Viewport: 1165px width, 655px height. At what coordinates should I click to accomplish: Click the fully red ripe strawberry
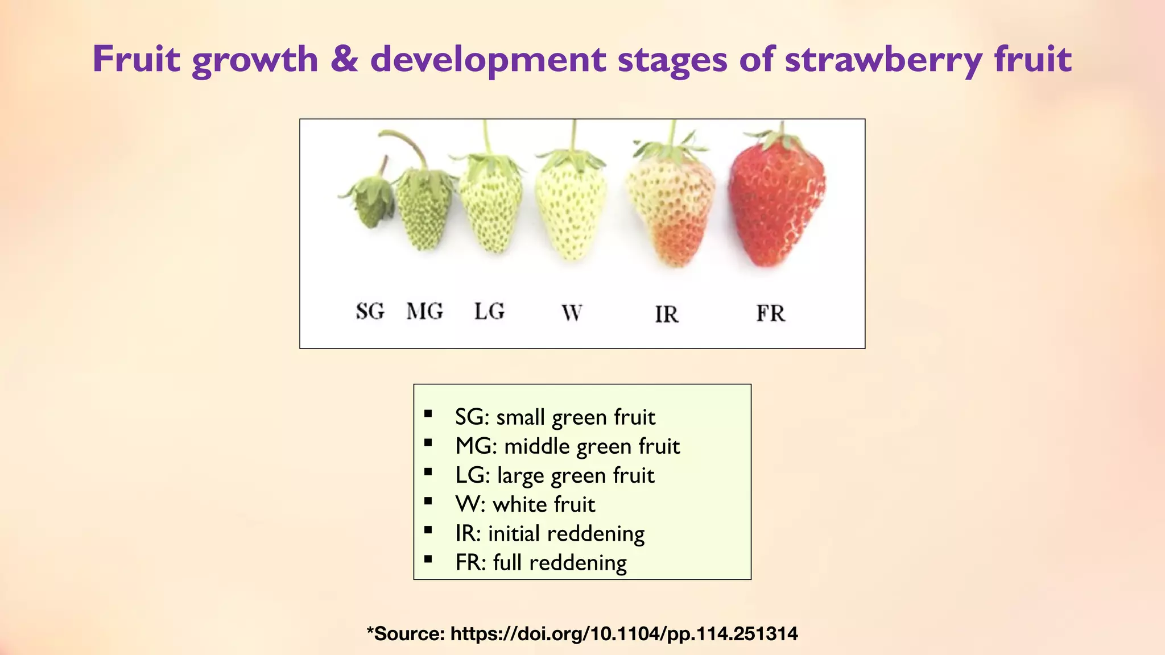(776, 205)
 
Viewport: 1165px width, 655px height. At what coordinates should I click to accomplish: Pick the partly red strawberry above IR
(671, 210)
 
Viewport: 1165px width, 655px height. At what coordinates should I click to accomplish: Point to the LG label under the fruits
(489, 311)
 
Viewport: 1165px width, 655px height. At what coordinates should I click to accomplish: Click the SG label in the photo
(370, 311)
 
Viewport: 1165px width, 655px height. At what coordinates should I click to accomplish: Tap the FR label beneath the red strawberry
(770, 313)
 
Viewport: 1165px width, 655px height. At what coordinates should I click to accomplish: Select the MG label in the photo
(425, 311)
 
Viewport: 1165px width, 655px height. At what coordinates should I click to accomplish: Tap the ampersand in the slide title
(344, 59)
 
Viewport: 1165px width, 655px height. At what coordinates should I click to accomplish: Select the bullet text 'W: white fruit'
(525, 504)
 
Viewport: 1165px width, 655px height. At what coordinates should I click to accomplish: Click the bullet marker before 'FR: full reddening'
(428, 559)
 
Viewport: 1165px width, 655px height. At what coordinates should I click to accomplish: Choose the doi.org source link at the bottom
(624, 633)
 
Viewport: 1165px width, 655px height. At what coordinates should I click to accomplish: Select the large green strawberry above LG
(490, 208)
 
